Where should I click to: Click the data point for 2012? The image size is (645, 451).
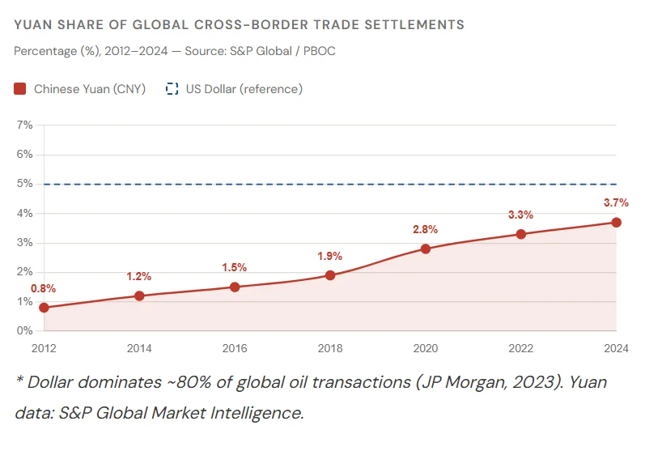[x=44, y=308]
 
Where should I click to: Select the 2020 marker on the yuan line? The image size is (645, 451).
[x=426, y=249]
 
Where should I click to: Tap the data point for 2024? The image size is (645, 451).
[x=616, y=222]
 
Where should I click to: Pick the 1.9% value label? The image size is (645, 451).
[x=330, y=256]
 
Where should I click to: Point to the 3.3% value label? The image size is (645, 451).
[x=520, y=215]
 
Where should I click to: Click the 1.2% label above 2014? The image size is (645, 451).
[x=139, y=276]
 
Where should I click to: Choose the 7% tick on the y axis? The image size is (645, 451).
[x=24, y=125]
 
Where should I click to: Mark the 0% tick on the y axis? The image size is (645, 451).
[x=24, y=331]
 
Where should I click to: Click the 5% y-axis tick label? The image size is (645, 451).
[x=24, y=184]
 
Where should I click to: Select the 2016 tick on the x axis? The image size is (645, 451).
[x=235, y=348]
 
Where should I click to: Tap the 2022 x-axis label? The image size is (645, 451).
[x=520, y=348]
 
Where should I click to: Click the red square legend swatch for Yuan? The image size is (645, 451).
[x=20, y=89]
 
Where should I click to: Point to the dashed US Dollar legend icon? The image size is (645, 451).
[x=172, y=89]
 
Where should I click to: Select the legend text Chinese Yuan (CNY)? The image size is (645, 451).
[x=90, y=89]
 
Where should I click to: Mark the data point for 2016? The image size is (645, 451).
[x=235, y=287]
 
